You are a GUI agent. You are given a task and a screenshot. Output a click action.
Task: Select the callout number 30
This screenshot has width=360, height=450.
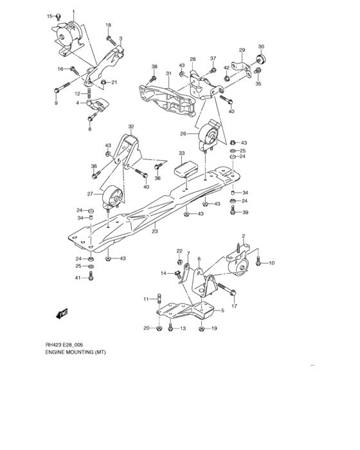261,47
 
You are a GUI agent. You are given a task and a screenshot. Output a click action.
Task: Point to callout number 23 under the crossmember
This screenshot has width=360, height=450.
154,232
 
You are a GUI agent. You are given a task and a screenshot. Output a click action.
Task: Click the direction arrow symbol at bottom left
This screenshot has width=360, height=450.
62,313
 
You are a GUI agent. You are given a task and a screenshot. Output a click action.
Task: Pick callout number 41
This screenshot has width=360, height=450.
78,278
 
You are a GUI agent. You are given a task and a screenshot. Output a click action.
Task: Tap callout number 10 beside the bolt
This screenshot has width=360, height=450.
272,262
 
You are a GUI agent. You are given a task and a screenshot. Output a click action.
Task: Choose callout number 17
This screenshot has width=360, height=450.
233,306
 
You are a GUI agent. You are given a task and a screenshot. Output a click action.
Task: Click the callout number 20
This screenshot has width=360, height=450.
147,328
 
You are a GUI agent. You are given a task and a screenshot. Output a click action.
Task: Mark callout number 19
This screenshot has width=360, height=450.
214,328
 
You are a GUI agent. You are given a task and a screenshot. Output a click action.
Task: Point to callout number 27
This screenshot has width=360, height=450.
89,194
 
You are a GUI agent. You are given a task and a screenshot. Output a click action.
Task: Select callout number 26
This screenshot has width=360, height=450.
183,134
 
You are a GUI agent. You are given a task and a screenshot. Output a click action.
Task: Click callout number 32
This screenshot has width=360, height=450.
131,127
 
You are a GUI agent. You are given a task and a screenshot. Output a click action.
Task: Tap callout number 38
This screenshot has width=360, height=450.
154,67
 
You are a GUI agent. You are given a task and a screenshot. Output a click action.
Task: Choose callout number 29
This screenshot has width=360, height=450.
242,51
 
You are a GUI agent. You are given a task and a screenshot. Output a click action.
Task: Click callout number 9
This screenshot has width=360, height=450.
56,103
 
